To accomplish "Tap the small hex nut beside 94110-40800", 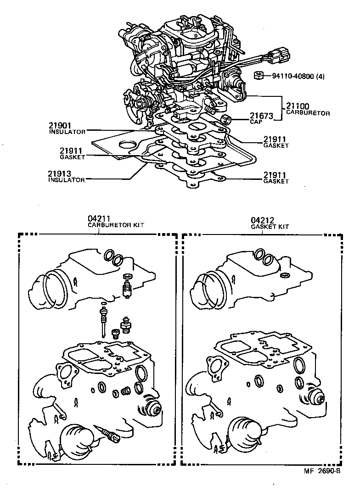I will coord(259,75).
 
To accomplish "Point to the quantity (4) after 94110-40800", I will coord(320,77).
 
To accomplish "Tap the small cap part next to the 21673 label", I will coord(226,120).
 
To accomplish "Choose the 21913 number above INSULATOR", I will coord(59,174).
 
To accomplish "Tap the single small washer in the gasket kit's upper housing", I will coord(286,276).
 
